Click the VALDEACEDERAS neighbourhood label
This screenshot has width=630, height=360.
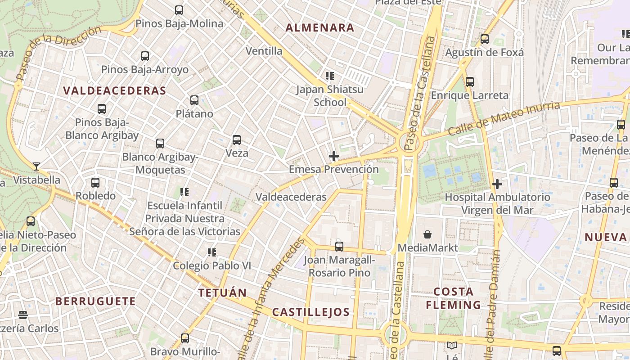[x=115, y=90]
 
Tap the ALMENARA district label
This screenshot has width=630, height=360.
[x=320, y=27]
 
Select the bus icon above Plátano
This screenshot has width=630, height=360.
[x=194, y=100]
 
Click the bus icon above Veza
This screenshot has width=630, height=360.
[x=237, y=140]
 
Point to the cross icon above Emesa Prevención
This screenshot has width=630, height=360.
[x=334, y=156]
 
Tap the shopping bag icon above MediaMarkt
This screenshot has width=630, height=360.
[x=427, y=234]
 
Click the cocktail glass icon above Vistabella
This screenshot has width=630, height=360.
[x=36, y=166]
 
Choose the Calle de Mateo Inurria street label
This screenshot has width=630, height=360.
[x=504, y=118]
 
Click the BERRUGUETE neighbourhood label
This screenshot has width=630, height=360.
[x=95, y=301]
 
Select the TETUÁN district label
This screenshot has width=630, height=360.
[x=223, y=293]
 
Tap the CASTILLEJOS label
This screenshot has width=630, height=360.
[x=311, y=312]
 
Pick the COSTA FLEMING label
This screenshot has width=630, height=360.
[x=454, y=298]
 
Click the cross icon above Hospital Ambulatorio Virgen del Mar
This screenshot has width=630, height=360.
[x=497, y=184]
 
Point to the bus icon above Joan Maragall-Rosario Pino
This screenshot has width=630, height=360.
[x=339, y=247]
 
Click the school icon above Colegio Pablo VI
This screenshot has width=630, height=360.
[x=212, y=252]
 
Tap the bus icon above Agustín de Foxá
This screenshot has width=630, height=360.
[x=485, y=39]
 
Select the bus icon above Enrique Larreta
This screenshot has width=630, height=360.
[x=470, y=82]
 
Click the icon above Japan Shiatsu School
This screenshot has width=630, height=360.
[x=330, y=76]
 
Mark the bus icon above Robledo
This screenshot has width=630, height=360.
[x=95, y=183]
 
